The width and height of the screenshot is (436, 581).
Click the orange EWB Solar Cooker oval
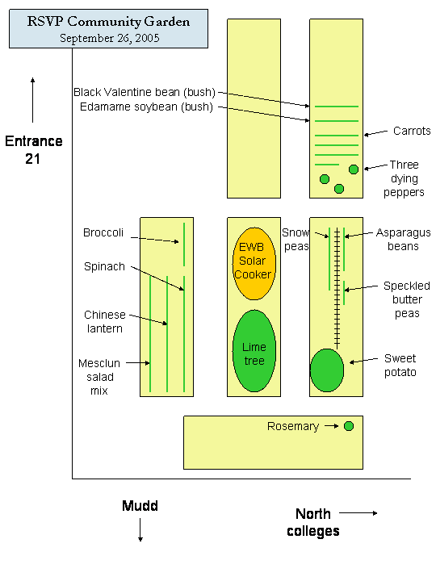point(254,263)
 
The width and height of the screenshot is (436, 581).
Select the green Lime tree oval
point(254,351)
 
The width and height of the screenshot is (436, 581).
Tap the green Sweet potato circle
point(327,370)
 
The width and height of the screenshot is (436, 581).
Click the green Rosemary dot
point(349,426)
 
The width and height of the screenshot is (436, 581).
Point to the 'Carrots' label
point(412,131)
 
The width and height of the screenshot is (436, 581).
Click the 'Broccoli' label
point(103,232)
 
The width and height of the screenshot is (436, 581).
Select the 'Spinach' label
point(104,267)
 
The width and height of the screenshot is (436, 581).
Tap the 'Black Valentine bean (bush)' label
point(145,92)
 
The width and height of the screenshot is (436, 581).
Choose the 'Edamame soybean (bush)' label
point(146,107)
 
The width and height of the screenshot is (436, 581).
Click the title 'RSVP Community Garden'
point(108,22)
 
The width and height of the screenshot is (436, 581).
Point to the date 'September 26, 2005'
point(109,38)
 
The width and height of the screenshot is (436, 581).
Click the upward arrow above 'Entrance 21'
point(32,100)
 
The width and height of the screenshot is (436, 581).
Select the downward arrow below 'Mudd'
point(140,530)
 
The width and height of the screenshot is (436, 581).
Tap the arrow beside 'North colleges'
point(358,513)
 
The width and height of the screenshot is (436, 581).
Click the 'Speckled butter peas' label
point(407,299)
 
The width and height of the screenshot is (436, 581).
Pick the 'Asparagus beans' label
point(404,240)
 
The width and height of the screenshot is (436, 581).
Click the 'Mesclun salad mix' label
point(99,377)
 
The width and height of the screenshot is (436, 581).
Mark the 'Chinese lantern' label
point(104,322)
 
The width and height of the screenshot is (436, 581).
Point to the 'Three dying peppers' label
point(405,178)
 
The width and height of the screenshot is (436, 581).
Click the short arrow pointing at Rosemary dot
point(332,426)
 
